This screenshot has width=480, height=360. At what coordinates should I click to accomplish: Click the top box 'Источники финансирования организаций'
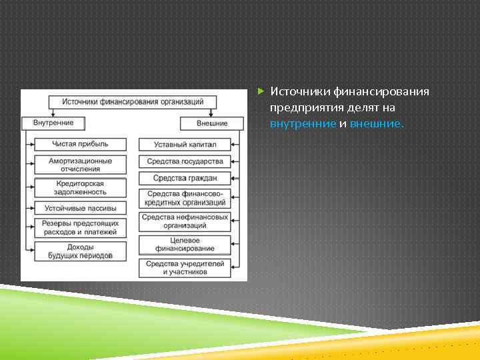[133, 102]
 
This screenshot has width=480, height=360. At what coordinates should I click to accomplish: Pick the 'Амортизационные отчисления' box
[80, 165]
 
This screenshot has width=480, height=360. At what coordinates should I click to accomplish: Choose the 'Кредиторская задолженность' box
[80, 187]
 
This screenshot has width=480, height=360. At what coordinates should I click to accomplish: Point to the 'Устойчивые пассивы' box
[80, 208]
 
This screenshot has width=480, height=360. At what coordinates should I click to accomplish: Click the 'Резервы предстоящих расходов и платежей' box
[80, 227]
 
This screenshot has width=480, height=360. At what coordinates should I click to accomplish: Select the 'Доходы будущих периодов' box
[80, 251]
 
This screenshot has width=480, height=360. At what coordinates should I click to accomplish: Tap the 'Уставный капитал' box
[185, 145]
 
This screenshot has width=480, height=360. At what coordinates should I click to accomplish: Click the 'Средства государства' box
[185, 161]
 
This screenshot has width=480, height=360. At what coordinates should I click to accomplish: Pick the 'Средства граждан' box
[185, 178]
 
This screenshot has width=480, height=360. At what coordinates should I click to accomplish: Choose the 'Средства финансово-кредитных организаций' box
[185, 197]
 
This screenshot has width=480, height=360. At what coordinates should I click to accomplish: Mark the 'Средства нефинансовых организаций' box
[185, 221]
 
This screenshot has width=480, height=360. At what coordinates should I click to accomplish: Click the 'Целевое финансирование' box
[185, 245]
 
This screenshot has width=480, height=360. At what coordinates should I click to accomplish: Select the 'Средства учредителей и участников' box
[185, 268]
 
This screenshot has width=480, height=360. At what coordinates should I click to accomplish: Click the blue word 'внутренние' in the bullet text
[303, 124]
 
